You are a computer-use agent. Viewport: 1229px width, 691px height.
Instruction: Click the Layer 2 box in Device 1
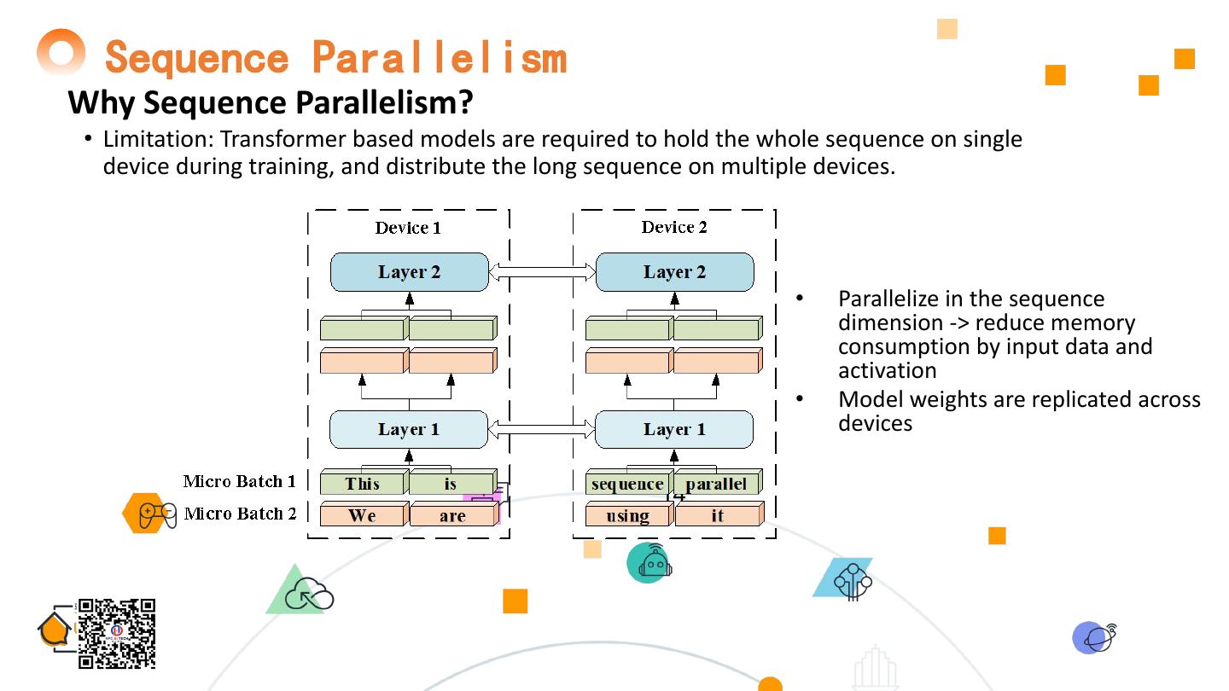[x=410, y=272]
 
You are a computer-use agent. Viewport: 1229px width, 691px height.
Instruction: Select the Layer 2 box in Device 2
[x=674, y=272]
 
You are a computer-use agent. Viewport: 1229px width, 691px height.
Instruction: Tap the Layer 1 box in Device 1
[x=409, y=429]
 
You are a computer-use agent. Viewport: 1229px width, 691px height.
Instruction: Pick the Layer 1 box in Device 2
[x=674, y=429]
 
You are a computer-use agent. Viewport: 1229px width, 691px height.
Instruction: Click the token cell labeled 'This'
[x=363, y=484]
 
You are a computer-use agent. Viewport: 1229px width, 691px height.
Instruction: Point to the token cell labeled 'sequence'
[x=627, y=484]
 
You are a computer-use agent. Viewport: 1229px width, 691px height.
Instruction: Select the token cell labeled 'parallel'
[x=716, y=484]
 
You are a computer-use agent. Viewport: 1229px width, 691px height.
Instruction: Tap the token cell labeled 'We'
[x=362, y=515]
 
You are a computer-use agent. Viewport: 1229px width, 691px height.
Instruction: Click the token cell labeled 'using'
[x=627, y=515]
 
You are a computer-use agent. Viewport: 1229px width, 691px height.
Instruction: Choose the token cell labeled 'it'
[x=717, y=515]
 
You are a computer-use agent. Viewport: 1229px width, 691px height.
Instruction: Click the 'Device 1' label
[x=408, y=228]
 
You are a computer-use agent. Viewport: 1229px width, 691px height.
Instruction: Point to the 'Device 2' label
[x=674, y=227]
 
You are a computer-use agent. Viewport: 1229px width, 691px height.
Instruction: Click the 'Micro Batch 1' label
[x=239, y=481]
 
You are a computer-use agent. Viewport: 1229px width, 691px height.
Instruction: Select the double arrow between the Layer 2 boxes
[x=542, y=272]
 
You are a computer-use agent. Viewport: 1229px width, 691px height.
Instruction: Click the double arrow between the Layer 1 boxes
[x=542, y=429]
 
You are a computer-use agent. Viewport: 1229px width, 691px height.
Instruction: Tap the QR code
[x=117, y=633]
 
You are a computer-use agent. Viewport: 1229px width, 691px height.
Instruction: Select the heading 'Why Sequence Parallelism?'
[x=271, y=102]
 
